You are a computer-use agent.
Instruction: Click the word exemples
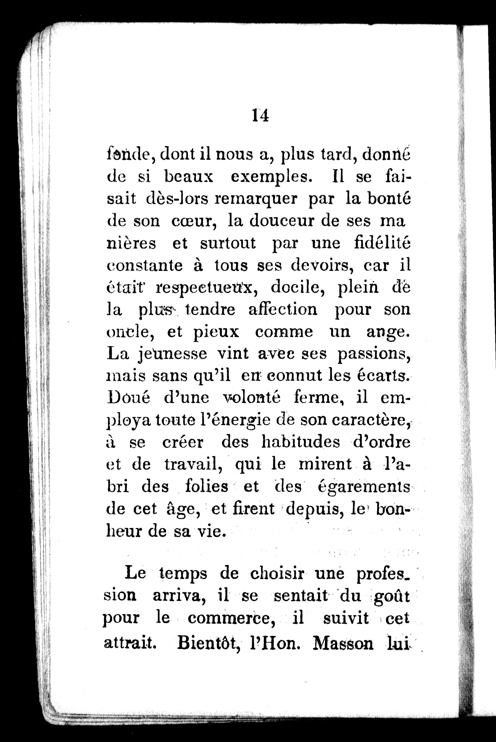pyautogui.click(x=269, y=177)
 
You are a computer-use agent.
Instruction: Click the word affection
pyautogui.click(x=282, y=309)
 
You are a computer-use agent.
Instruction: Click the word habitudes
pyautogui.click(x=301, y=442)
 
